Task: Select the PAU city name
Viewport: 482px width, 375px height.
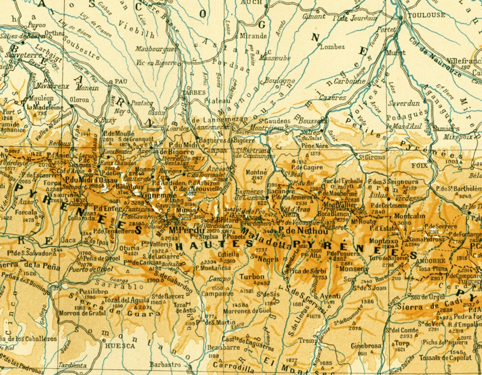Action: [x=118, y=81]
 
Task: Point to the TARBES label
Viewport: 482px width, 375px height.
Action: [x=193, y=93]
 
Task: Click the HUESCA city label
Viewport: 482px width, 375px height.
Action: [x=119, y=345]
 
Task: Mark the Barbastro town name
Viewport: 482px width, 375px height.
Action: [x=165, y=364]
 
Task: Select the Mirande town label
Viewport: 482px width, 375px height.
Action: [x=253, y=36]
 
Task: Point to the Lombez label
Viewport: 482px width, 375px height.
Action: [x=332, y=47]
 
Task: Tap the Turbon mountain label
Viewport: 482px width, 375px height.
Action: [x=252, y=276]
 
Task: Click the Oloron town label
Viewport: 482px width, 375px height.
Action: [x=80, y=100]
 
